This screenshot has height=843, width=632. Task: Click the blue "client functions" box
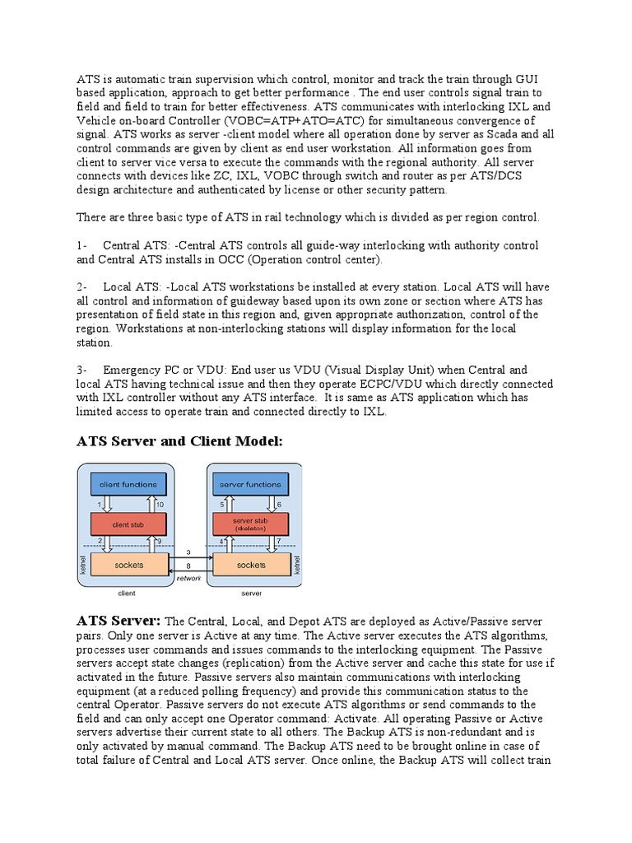128,485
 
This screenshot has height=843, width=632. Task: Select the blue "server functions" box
251,485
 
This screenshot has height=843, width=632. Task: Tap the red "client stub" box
128,524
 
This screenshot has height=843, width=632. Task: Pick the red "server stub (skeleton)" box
251,524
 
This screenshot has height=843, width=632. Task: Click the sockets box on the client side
128,564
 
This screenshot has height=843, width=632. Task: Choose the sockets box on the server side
251,564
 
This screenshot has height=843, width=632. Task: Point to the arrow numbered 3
189,558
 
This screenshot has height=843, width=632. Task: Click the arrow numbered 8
189,571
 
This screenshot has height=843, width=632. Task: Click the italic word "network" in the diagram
188,580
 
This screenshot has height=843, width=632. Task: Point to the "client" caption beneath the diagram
127,593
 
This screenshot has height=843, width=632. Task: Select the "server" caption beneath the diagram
251,593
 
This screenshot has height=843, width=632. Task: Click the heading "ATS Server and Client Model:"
179,441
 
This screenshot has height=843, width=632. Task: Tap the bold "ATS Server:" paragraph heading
118,620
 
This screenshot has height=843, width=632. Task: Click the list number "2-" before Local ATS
82,287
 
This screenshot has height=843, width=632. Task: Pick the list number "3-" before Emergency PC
82,370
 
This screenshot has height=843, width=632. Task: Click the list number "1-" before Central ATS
82,245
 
